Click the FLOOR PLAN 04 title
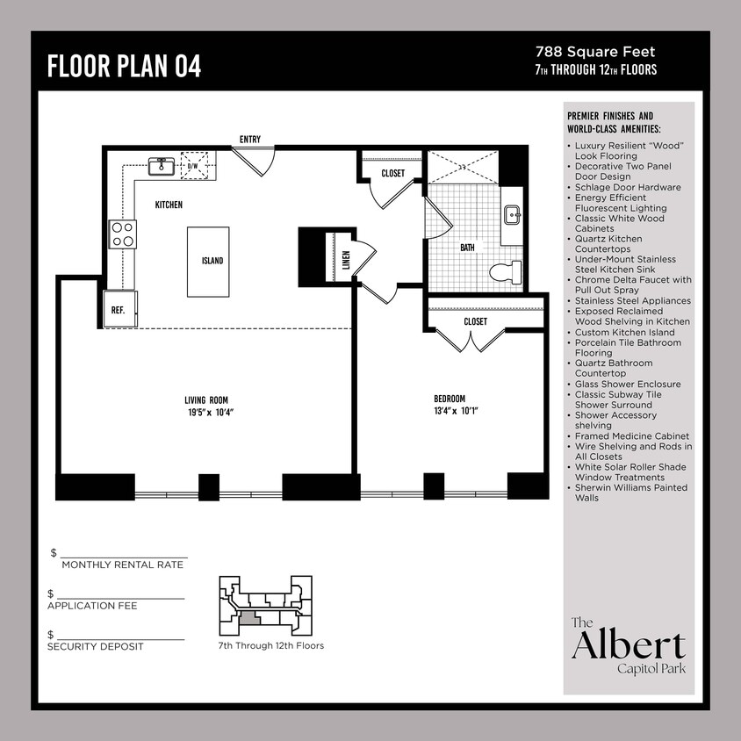[124, 66]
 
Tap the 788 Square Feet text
[595, 53]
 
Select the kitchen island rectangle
[208, 261]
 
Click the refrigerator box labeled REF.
[119, 309]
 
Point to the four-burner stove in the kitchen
[122, 234]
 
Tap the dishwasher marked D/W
[197, 166]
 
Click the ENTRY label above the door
[249, 140]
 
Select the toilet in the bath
[507, 271]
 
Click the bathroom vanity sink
[513, 214]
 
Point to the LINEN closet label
[346, 259]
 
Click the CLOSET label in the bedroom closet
[475, 321]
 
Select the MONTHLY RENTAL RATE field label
[122, 565]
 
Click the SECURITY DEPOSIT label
[95, 647]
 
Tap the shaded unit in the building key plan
[249, 618]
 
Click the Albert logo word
[628, 645]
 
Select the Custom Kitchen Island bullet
[624, 333]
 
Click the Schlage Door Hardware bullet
[627, 187]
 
